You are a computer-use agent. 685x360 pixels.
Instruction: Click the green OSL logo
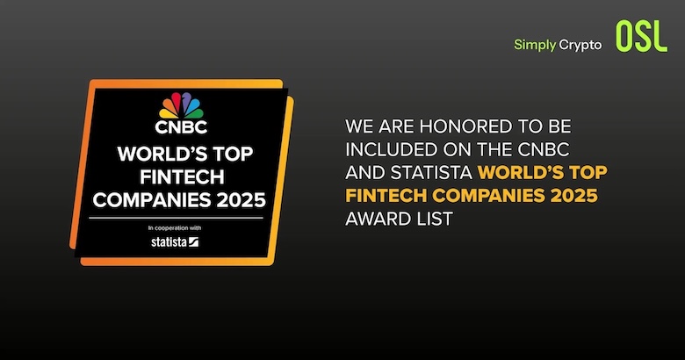641,37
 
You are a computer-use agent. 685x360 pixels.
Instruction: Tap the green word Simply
535,45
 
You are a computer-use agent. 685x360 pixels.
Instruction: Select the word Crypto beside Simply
580,45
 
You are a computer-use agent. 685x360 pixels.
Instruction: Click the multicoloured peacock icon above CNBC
181,105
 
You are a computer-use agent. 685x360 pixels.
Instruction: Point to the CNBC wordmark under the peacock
181,127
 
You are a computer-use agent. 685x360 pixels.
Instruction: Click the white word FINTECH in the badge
182,177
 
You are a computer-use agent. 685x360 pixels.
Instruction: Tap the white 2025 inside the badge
242,200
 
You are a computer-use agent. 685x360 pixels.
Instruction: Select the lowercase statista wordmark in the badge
169,241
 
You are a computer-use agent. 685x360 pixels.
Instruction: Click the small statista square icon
193,241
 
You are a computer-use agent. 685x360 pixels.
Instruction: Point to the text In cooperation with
175,228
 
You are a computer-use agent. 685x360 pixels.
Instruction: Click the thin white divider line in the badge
176,218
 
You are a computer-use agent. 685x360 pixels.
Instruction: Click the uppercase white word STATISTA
431,173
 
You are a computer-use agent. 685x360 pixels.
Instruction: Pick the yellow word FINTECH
386,196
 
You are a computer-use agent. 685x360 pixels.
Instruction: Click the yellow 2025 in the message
574,196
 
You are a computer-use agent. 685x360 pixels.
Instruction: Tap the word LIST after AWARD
430,219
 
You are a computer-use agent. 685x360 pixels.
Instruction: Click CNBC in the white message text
544,150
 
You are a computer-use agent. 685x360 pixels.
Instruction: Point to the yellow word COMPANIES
489,196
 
